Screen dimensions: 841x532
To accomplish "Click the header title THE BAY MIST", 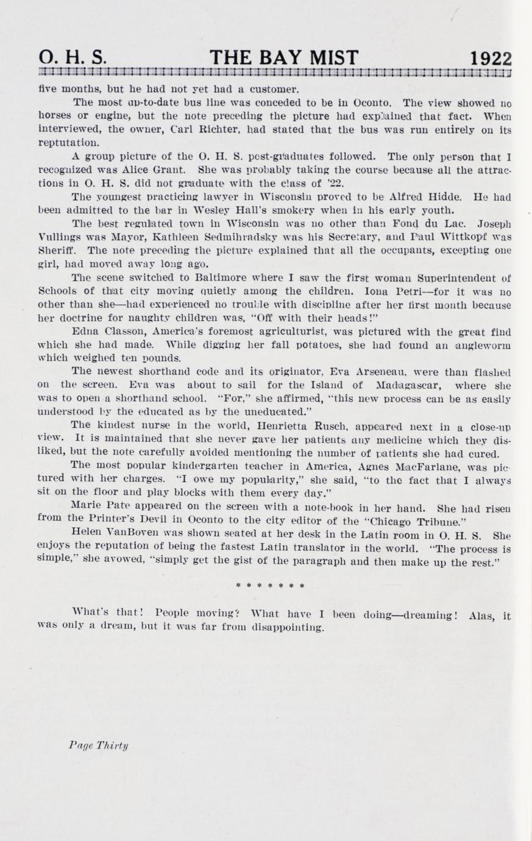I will tap(284, 57).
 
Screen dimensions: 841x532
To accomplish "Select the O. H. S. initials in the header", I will tap(73, 58).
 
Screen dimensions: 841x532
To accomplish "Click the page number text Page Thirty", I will tap(99, 745).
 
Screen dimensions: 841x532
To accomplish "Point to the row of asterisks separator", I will tap(270, 586).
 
